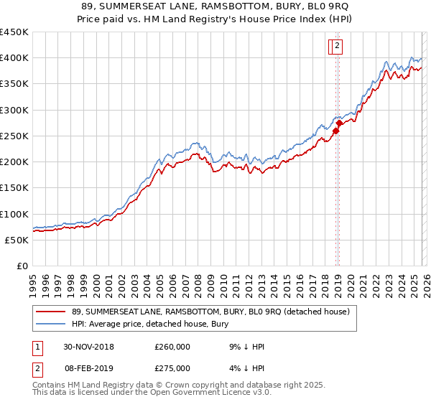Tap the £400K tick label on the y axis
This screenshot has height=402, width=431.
tap(14, 58)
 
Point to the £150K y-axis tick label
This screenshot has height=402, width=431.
tap(14, 188)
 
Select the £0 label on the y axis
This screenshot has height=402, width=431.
tap(22, 266)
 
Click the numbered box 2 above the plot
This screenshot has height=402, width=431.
tap(337, 47)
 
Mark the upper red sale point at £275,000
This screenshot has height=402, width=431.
tap(339, 123)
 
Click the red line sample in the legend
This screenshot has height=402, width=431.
tap(50, 312)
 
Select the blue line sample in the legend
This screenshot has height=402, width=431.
tap(50, 324)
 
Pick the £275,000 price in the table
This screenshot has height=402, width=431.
tap(172, 368)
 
